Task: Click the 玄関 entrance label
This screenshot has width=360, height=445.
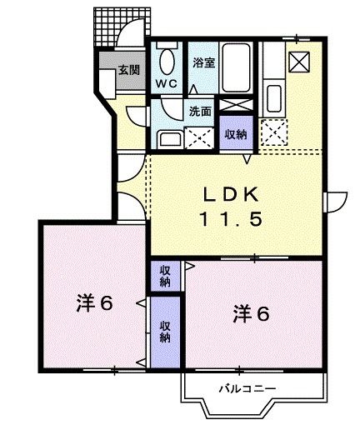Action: (x=127, y=69)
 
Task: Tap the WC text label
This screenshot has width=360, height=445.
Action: (x=166, y=84)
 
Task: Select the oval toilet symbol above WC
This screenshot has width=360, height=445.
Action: (x=166, y=62)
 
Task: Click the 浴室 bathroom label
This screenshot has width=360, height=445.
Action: (x=203, y=62)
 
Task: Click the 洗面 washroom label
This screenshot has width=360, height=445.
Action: (x=199, y=111)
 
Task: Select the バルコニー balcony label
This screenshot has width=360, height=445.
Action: (x=248, y=387)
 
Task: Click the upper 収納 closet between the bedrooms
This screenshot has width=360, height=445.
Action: (x=166, y=275)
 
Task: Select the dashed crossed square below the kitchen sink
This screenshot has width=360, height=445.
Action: (x=272, y=132)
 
